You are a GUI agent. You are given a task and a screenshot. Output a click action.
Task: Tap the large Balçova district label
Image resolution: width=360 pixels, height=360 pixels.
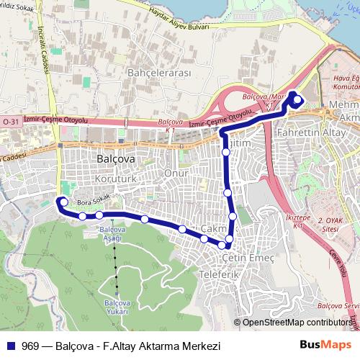point(114,157)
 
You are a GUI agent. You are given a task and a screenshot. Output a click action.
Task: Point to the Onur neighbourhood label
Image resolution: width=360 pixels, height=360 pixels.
point(176,174)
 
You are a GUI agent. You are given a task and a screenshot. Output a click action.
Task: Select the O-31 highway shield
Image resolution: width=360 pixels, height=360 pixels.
point(10,122)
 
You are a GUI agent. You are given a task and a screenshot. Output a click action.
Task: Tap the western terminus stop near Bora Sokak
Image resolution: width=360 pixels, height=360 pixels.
point(63,202)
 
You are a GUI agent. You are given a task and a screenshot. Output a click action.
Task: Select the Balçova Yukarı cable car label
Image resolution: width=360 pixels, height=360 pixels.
point(115,307)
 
